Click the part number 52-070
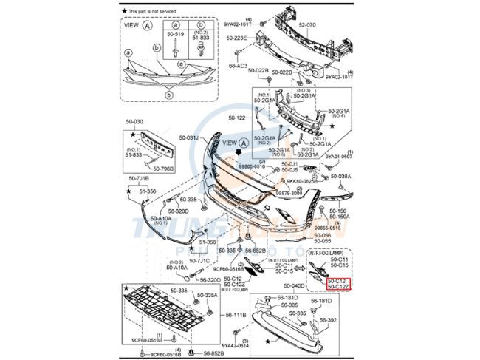pyautogui.click(x=307, y=24)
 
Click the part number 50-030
pyautogui.click(x=134, y=121)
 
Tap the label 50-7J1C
pyautogui.click(x=199, y=261)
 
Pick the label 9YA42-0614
pyautogui.click(x=236, y=345)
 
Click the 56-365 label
pyautogui.click(x=288, y=305)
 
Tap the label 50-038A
pyautogui.click(x=340, y=177)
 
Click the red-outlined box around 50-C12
pyautogui.click(x=337, y=284)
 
